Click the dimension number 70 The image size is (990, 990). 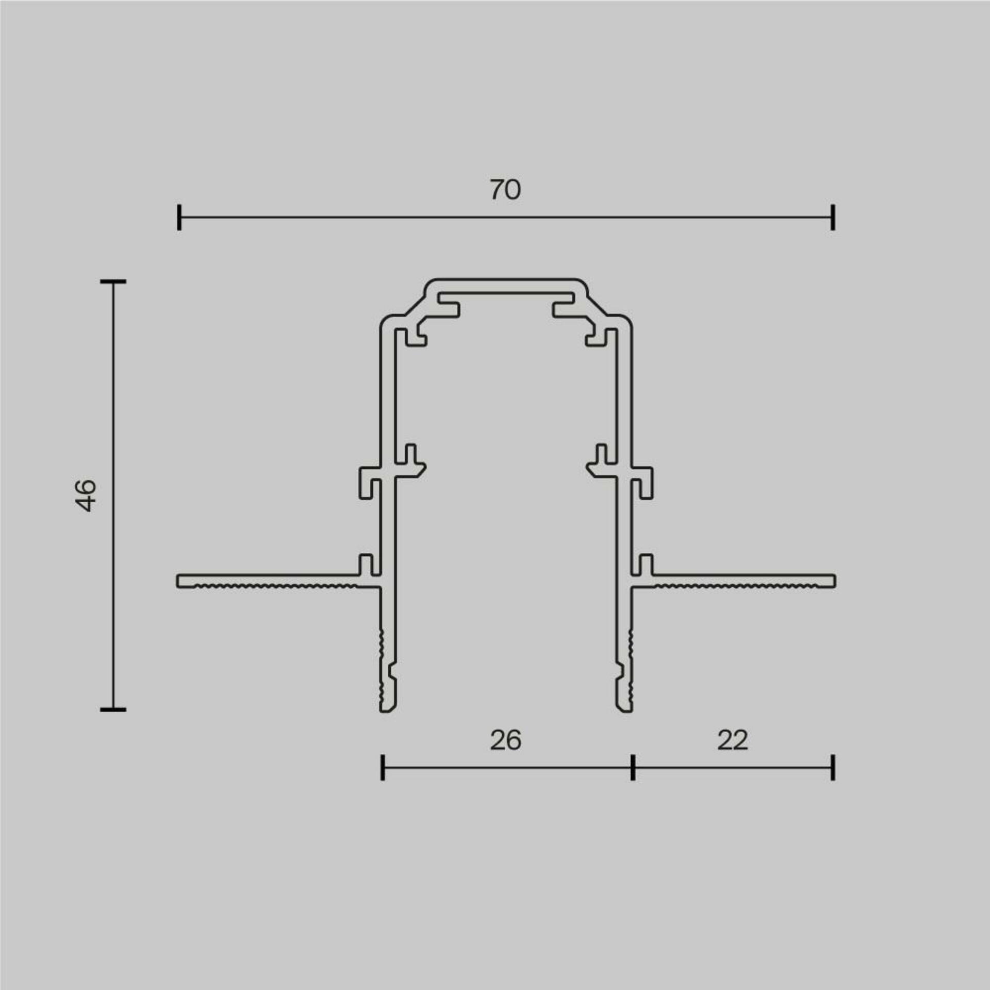pos(505,190)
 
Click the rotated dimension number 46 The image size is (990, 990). pos(86,496)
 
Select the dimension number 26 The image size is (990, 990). pos(505,740)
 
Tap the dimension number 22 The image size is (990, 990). pos(732,740)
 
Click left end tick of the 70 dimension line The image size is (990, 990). pos(179,217)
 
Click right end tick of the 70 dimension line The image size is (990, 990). pos(833,217)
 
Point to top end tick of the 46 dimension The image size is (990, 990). pos(113,282)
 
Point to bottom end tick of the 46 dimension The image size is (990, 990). pos(113,710)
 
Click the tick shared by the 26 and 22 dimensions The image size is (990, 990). pos(633,767)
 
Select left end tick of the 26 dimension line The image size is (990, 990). pos(382,767)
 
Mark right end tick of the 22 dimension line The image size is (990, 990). pos(833,767)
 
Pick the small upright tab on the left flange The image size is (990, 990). pos(366,564)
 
